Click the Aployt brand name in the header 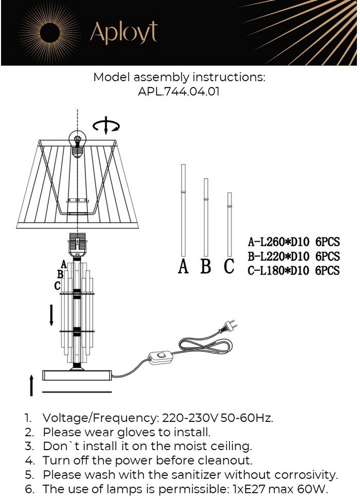pos(124,32)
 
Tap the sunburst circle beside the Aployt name pos(50,32)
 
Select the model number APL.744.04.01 pos(179,92)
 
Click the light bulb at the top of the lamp pos(78,144)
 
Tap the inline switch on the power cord pos(160,355)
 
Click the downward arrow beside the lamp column pos(51,315)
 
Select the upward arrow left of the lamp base pos(31,385)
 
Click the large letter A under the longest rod pos(183,266)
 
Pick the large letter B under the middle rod pos(206,266)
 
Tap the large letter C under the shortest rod pos(229,266)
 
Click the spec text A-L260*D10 pos(279,242)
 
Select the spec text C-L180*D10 pos(279,271)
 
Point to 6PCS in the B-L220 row pos(328,256)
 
